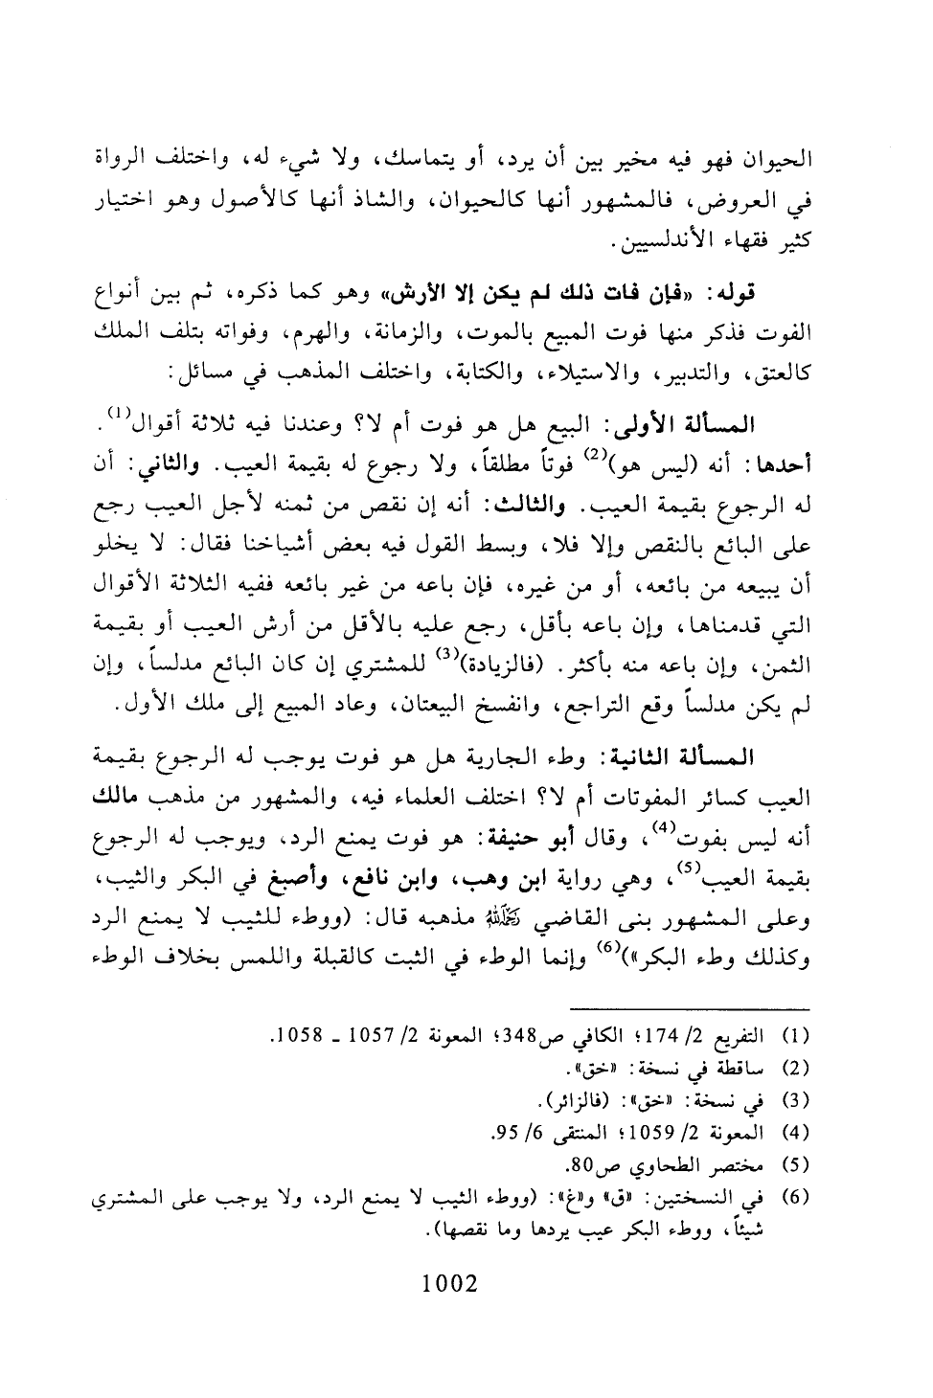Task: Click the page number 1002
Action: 449,1282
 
